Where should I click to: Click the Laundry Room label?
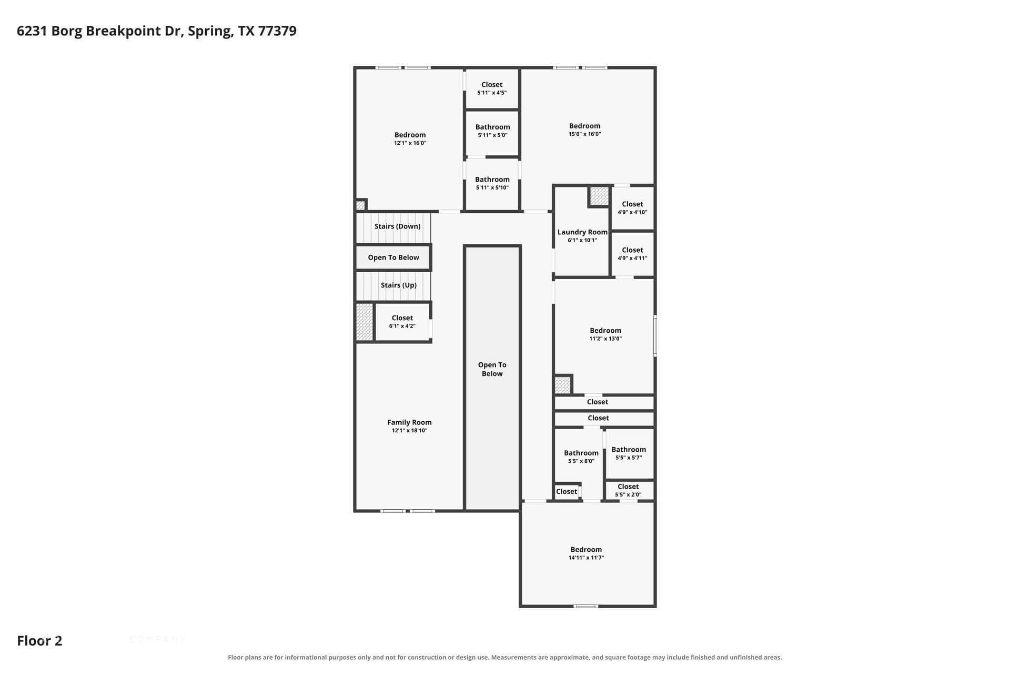pyautogui.click(x=582, y=232)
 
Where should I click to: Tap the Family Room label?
pyautogui.click(x=409, y=422)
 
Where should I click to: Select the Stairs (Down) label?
pyautogui.click(x=397, y=226)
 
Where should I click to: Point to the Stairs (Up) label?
pyautogui.click(x=398, y=285)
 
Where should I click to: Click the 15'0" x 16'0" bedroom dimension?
pyautogui.click(x=584, y=134)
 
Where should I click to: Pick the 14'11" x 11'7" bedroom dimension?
pyautogui.click(x=586, y=558)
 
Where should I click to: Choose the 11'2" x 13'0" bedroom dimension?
pyautogui.click(x=605, y=339)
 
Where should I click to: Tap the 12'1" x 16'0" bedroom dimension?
pyautogui.click(x=410, y=143)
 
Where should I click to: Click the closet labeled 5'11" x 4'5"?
pyautogui.click(x=492, y=88)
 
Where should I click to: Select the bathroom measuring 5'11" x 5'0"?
pyautogui.click(x=492, y=133)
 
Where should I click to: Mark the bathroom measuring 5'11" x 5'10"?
pyautogui.click(x=492, y=184)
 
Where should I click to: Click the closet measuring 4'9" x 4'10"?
pyautogui.click(x=632, y=208)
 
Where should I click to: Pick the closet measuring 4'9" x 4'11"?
pyautogui.click(x=632, y=254)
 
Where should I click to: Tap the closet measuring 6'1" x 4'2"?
pyautogui.click(x=402, y=322)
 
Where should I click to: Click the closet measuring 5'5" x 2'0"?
pyautogui.click(x=629, y=490)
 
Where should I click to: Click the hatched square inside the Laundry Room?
pyautogui.click(x=599, y=196)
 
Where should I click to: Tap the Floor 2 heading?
pyautogui.click(x=39, y=641)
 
